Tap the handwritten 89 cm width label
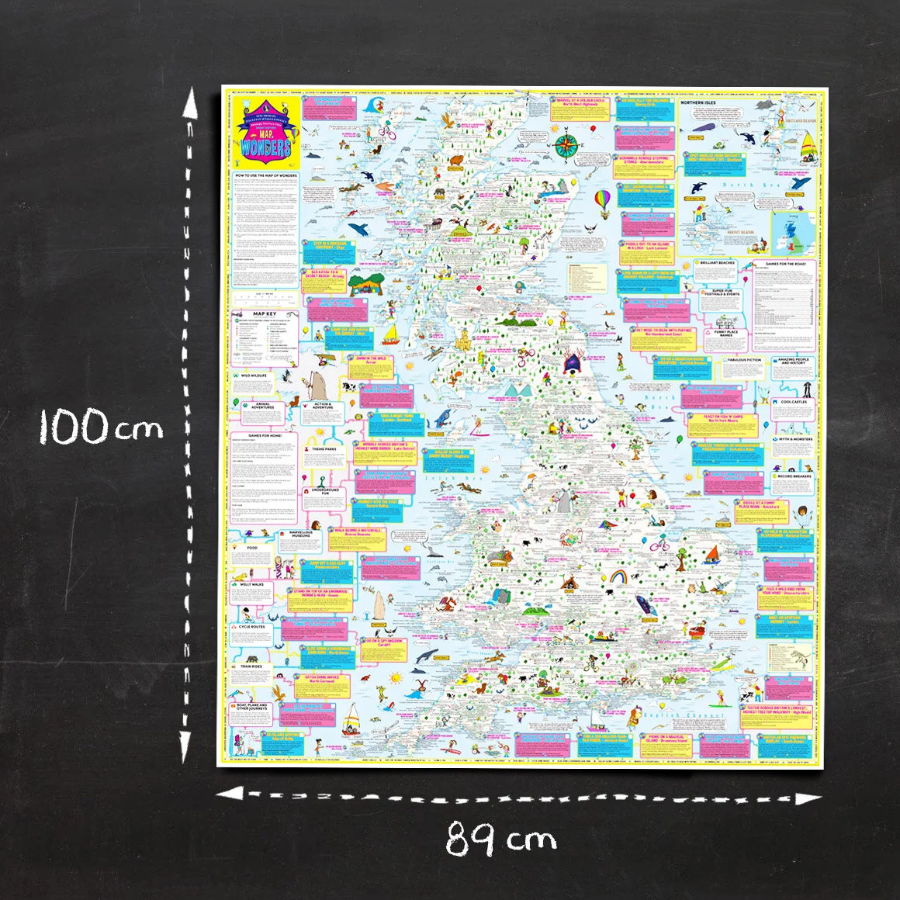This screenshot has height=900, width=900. [x=501, y=839]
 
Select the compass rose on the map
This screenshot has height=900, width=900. [x=566, y=144]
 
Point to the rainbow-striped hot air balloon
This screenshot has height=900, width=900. [x=603, y=200]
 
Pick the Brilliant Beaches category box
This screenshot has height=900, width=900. [x=716, y=263]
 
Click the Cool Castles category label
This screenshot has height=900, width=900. [x=794, y=402]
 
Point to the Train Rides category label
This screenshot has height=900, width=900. [x=251, y=666]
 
